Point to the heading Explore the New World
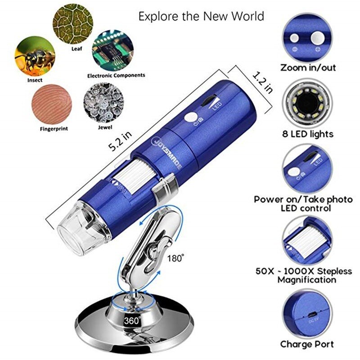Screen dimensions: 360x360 tap(201, 17)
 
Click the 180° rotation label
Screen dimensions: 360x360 tap(176, 258)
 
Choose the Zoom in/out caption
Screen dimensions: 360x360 tap(308, 68)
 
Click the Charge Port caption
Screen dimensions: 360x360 tap(307, 344)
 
